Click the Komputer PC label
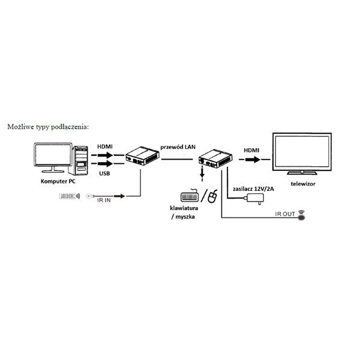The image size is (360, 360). point(58,181)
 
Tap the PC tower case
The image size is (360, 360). point(78,160)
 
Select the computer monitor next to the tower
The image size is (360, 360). point(53,157)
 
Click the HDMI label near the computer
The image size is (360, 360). point(105,146)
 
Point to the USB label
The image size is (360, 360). point(104,173)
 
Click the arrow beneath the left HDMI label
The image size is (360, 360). point(106,155)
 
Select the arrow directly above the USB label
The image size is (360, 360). point(106,164)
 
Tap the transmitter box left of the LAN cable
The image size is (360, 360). point(142,156)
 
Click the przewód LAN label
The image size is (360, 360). point(178,147)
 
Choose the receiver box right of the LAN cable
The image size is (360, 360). point(215,158)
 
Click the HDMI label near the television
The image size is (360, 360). point(251,151)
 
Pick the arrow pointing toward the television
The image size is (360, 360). point(253,160)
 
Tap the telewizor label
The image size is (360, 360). point(303,184)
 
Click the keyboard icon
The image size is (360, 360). point(190,196)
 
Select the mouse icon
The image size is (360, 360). point(212,196)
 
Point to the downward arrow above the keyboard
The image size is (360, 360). point(202,173)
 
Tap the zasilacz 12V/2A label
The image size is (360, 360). point(253,189)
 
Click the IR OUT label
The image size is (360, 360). point(285,214)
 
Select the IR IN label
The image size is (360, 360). point(104,200)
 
